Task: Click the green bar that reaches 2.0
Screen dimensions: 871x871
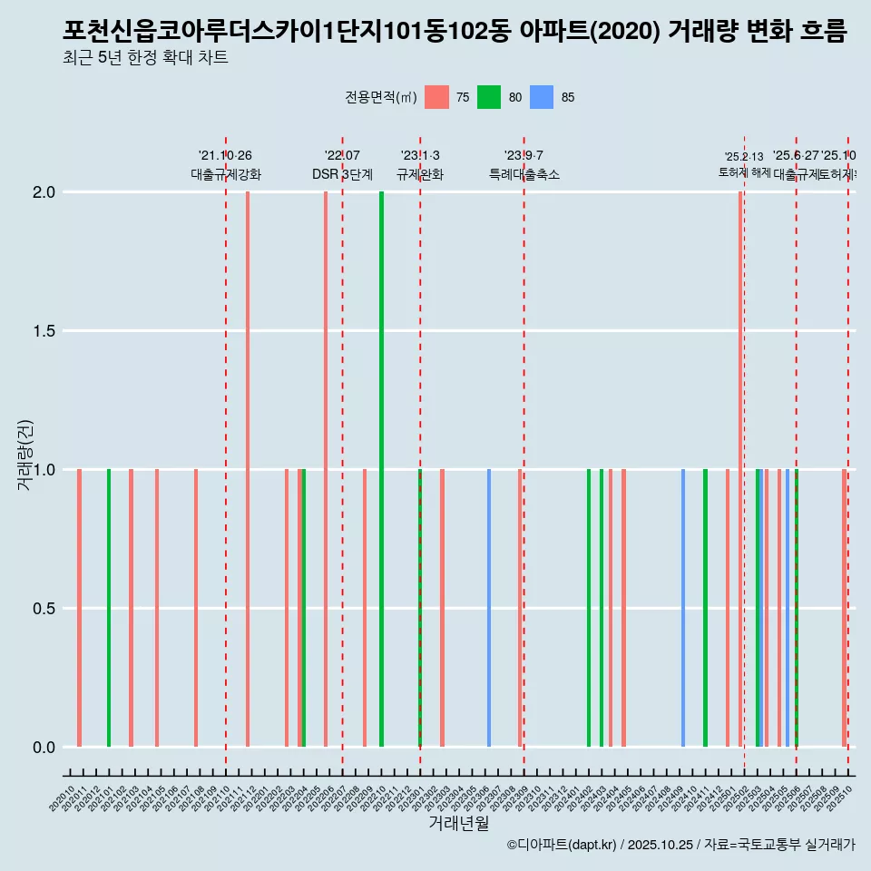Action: pos(381,469)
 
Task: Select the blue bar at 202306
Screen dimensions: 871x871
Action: pos(489,608)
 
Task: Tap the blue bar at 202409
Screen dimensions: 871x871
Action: pos(683,608)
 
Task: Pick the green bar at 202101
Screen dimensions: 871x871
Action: pos(109,608)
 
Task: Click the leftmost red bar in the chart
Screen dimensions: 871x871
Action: pos(80,608)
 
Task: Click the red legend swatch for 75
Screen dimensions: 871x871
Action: pos(436,97)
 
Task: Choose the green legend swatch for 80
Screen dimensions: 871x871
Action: pos(489,97)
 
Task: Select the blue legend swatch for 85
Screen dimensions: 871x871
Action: pos(542,97)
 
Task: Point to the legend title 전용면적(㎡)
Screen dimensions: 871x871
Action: pos(380,97)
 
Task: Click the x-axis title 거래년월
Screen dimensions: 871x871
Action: pos(458,823)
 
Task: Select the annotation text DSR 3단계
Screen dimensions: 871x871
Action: pos(342,175)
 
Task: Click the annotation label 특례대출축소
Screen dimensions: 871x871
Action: pos(524,175)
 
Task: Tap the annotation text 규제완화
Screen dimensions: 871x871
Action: pos(420,175)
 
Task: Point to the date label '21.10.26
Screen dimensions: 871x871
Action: pos(225,155)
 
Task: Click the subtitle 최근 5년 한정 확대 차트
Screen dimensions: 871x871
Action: pos(145,58)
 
